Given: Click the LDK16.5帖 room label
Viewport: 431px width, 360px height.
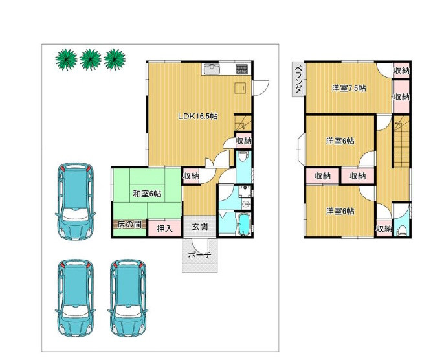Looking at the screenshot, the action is click(197, 117).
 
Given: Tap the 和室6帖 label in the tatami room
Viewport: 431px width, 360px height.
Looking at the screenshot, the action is click(147, 194).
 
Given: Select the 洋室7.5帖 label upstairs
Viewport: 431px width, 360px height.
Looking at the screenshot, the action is click(349, 89).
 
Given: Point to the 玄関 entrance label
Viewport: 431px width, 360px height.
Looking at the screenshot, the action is click(200, 227).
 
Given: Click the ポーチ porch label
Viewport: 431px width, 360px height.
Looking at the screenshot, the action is click(200, 255).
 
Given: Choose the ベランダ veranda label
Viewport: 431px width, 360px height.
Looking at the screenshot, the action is click(298, 79).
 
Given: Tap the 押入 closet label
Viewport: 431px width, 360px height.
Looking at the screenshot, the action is click(164, 229).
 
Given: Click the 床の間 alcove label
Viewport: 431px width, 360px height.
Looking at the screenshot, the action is click(129, 225).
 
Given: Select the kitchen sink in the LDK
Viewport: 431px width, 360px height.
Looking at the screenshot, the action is click(211, 69).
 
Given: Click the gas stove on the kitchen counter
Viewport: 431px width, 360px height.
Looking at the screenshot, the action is click(242, 69).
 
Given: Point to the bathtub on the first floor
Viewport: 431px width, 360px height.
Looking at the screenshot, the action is click(243, 225).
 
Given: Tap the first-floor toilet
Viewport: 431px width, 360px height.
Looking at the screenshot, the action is click(243, 157).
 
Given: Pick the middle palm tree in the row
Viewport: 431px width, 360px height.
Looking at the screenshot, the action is click(90, 60).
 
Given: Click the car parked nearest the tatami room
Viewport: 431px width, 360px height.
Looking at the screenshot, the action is click(75, 201).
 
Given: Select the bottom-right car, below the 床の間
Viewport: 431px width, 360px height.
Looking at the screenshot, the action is click(128, 298).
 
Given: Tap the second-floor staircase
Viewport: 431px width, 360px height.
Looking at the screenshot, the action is click(402, 142).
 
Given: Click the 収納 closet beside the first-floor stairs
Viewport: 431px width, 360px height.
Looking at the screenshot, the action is click(243, 141).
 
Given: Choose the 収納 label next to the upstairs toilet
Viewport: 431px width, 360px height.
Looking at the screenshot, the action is click(384, 229).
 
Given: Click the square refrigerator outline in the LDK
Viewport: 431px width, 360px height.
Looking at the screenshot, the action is click(240, 88).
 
